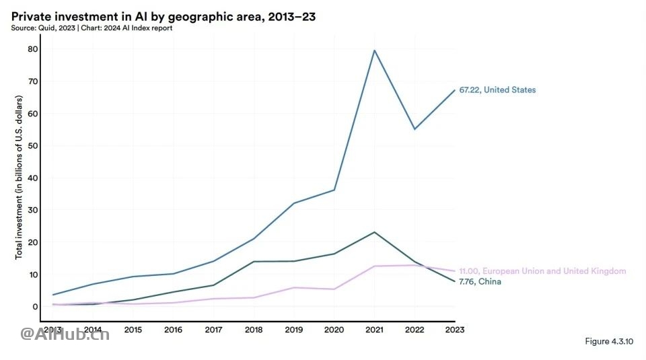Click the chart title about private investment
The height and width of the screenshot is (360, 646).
164,16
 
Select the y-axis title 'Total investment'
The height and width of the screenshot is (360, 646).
19,177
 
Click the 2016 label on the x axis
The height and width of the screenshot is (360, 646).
174,330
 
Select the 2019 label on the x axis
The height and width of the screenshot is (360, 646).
294,330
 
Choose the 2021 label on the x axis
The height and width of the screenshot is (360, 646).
374,330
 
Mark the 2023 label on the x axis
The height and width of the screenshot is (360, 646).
454,330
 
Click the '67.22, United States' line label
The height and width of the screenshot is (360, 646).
497,90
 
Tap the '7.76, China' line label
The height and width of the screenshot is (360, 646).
480,282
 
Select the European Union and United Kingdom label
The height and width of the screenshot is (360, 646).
542,271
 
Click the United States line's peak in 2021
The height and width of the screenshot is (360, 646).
374,50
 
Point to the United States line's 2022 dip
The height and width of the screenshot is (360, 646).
415,129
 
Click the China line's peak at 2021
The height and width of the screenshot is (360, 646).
374,232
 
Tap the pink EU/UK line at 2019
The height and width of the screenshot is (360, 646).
294,287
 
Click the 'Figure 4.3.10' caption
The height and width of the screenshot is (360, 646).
609,342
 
